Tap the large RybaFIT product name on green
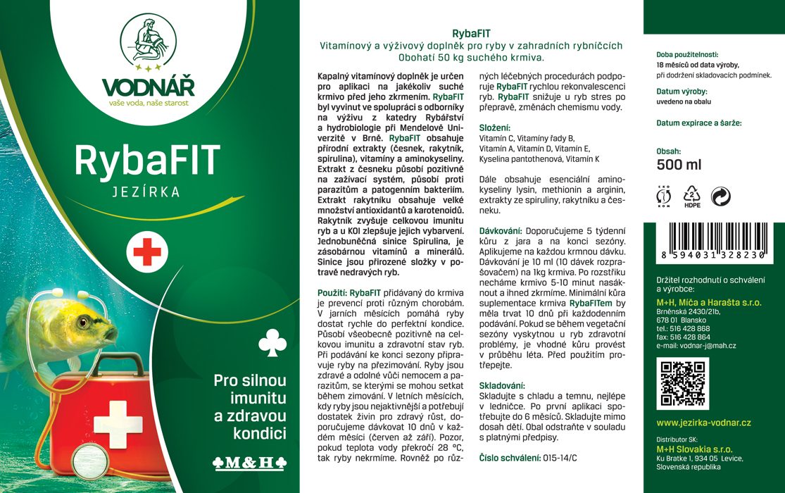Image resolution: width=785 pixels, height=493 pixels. click(x=148, y=161)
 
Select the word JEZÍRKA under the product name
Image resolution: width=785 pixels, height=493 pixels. click(x=148, y=191)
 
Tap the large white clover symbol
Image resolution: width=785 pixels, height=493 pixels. click(x=272, y=343)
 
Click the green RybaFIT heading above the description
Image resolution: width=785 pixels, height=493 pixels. click(x=471, y=33)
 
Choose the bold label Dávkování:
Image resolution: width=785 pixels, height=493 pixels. click(x=501, y=230)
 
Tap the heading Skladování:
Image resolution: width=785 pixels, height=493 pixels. click(x=502, y=386)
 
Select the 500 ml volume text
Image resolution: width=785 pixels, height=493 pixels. click(x=679, y=165)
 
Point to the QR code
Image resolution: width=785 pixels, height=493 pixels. click(x=680, y=383)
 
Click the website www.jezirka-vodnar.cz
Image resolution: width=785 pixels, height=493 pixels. click(x=703, y=423)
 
